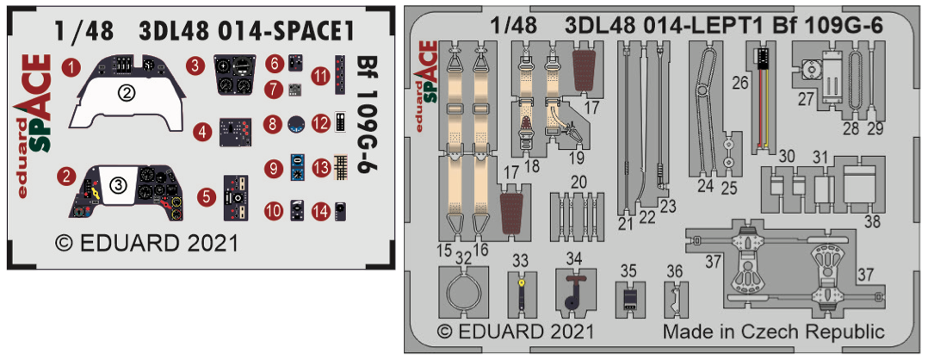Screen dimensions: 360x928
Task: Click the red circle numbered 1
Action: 76,65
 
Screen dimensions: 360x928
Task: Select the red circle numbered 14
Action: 320,209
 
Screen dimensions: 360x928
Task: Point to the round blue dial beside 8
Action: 297,124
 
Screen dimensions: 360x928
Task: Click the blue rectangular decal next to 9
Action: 297,166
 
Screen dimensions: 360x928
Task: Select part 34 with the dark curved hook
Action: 573,294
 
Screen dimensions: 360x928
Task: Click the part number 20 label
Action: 578,182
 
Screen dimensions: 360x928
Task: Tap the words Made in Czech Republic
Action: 773,332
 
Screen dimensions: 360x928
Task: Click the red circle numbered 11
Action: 320,76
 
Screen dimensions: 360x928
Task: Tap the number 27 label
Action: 805,99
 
